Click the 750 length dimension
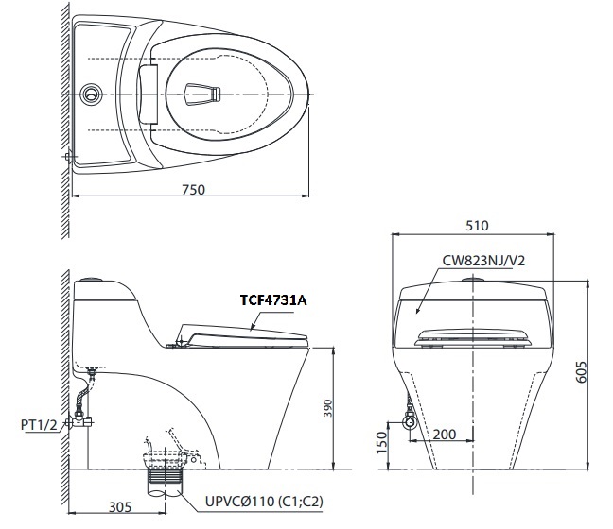pos(192,189)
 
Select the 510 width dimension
pos(477,226)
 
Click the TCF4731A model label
pos(273,299)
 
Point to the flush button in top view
pos(92,93)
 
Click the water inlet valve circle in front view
pos(410,422)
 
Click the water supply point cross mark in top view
pos(67,156)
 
